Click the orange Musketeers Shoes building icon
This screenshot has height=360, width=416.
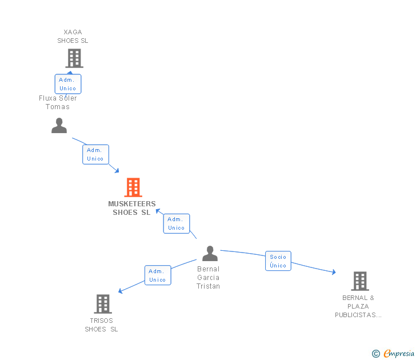133,187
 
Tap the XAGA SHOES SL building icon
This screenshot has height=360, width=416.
74,58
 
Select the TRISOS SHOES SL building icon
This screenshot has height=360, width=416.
103,303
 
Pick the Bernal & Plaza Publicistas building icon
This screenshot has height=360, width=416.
359,281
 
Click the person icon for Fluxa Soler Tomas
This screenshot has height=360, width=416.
59,126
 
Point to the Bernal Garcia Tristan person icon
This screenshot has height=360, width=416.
210,253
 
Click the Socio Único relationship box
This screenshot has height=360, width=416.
278,261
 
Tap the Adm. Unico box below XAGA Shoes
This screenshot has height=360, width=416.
68,84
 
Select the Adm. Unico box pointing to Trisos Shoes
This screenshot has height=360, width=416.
157,275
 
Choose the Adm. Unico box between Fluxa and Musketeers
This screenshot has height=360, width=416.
95,154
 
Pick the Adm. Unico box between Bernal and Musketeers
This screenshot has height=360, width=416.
177,223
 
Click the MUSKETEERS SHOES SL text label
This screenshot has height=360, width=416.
132,208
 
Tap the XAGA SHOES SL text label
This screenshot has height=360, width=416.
73,37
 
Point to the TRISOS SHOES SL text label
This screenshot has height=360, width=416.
102,325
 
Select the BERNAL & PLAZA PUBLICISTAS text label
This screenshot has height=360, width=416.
358,306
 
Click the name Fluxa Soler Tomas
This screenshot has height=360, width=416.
58,102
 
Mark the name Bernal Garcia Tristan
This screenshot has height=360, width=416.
208,278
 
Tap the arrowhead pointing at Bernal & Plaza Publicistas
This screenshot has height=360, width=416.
333,273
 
